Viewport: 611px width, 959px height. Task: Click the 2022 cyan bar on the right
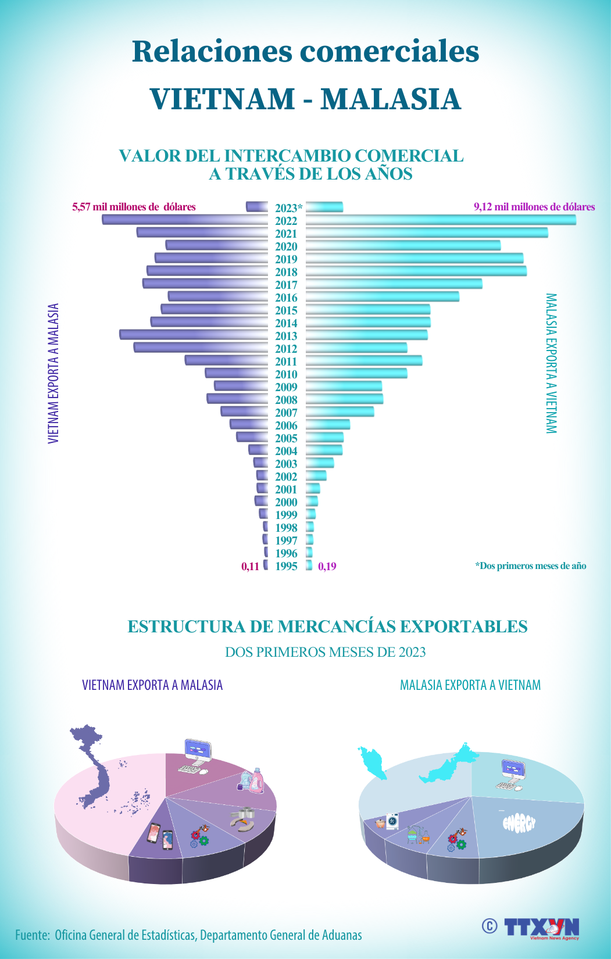pyautogui.click(x=441, y=220)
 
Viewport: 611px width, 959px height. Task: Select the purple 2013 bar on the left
pyautogui.click(x=193, y=335)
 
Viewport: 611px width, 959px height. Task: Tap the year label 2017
pyautogui.click(x=286, y=285)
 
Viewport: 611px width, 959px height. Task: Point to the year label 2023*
pyautogui.click(x=288, y=208)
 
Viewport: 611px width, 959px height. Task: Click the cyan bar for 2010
pyautogui.click(x=356, y=373)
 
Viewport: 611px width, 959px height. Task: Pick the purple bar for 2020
pyautogui.click(x=216, y=245)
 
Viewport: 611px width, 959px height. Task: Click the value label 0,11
pyautogui.click(x=250, y=566)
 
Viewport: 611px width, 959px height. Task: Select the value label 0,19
pyautogui.click(x=327, y=566)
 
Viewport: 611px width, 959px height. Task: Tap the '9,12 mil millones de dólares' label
pyautogui.click(x=534, y=207)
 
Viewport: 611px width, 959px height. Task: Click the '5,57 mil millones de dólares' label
pyautogui.click(x=134, y=207)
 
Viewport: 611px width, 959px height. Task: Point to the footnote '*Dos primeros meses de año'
pyautogui.click(x=530, y=566)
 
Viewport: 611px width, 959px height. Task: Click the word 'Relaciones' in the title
pyautogui.click(x=212, y=51)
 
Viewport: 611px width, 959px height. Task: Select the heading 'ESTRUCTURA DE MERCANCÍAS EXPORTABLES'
pyautogui.click(x=327, y=627)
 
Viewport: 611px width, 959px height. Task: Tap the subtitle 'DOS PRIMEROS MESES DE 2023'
pyautogui.click(x=325, y=652)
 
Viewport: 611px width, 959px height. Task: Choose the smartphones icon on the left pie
pyautogui.click(x=160, y=836)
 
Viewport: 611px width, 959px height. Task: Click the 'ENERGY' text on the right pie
pyautogui.click(x=518, y=823)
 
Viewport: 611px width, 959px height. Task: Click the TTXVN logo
pyautogui.click(x=542, y=926)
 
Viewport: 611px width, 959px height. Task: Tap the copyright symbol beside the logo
pyautogui.click(x=489, y=925)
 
